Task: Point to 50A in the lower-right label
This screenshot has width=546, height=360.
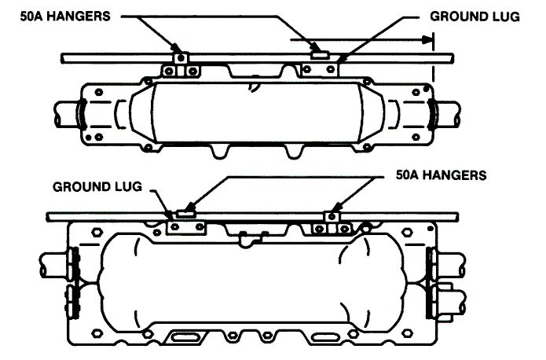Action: tap(407, 174)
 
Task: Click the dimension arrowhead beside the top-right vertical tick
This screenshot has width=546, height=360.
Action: tap(427, 40)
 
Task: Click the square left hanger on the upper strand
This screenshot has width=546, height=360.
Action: tap(181, 58)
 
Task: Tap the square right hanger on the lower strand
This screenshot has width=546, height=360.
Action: tap(332, 217)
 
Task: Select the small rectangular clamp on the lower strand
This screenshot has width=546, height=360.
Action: tap(186, 213)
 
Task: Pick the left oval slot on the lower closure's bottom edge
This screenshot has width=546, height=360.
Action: tap(185, 337)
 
